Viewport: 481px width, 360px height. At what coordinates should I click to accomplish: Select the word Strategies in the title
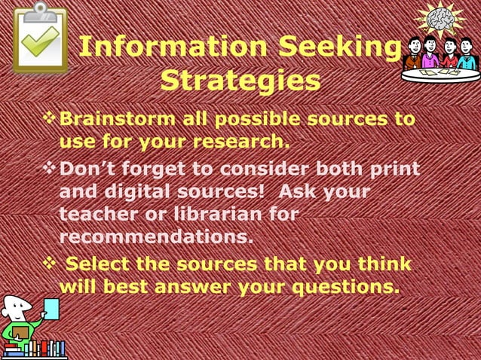(x=240, y=81)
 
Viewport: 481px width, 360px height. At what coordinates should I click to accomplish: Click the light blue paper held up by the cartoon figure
(x=51, y=308)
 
